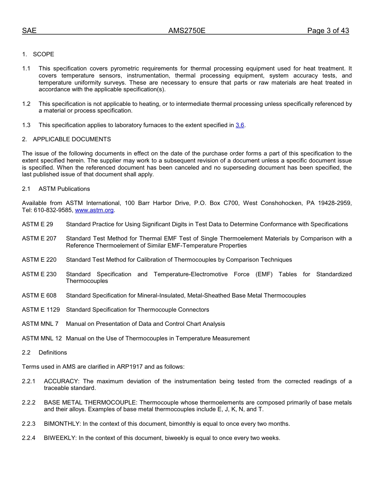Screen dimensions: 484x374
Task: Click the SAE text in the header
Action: point(29,31)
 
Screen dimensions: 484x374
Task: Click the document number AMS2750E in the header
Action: point(187,31)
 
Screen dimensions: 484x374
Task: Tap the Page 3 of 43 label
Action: point(328,31)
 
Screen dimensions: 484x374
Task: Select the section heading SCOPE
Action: point(43,54)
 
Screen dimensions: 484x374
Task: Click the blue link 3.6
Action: point(240,125)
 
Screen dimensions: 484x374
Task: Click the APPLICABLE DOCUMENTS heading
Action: point(72,139)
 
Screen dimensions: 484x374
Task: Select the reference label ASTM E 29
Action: point(37,224)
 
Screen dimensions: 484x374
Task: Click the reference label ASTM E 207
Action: point(39,238)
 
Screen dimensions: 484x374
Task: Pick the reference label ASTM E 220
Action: point(39,260)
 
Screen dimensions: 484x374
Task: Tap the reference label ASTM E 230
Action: point(39,274)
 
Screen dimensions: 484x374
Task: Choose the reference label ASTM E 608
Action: point(39,296)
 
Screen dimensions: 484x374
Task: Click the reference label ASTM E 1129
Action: point(41,310)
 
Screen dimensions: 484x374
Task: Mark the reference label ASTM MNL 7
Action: point(40,324)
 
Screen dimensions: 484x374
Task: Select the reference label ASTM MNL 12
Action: point(42,338)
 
